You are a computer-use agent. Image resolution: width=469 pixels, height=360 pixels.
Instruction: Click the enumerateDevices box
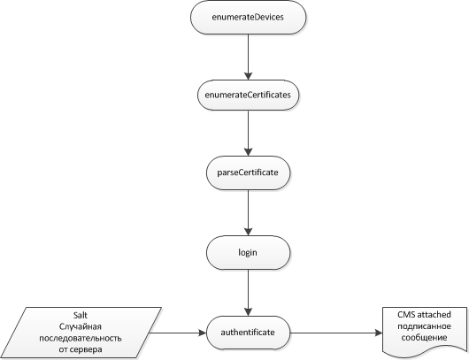tap(249, 17)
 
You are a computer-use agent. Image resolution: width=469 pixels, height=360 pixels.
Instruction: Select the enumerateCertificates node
tap(249, 95)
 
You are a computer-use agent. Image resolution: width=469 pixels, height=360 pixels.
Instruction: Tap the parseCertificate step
tap(249, 172)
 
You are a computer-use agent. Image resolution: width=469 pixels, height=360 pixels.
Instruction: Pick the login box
tap(249, 253)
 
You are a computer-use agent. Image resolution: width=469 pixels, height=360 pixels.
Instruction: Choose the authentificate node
tap(249, 333)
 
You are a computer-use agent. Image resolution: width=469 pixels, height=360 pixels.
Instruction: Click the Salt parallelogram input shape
tap(81, 333)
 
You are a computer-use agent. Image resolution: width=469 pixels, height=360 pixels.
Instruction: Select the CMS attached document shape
tap(425, 332)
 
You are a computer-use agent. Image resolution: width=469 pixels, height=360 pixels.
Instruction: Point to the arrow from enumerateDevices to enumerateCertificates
tap(249, 57)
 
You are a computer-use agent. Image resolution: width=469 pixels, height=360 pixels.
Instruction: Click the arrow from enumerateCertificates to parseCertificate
tap(249, 134)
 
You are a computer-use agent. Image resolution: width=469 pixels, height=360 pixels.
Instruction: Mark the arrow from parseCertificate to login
tap(249, 213)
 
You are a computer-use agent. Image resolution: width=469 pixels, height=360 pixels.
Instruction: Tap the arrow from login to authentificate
tap(249, 293)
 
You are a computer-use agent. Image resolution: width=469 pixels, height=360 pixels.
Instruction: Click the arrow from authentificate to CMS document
tap(336, 333)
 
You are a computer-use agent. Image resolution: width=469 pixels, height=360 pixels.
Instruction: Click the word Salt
tap(81, 316)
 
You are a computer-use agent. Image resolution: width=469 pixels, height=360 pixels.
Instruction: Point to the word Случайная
tap(81, 326)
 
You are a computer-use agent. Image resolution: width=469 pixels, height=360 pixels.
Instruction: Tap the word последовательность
tap(81, 338)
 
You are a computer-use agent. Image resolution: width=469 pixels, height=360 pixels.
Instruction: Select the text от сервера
tap(81, 349)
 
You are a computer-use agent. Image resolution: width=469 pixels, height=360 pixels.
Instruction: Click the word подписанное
tap(424, 326)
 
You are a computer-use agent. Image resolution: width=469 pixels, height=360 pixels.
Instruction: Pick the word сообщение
tap(424, 338)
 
